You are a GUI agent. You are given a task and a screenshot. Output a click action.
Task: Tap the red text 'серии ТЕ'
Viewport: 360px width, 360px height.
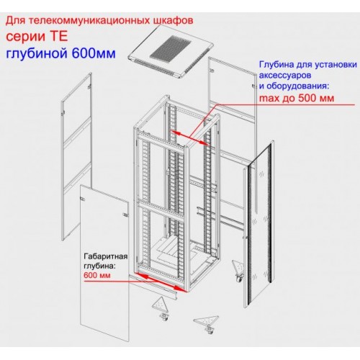37,37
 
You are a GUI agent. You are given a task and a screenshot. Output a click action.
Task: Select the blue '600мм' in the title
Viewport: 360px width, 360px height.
94,53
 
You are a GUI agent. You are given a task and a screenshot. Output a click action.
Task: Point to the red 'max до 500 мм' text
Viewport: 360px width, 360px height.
297,98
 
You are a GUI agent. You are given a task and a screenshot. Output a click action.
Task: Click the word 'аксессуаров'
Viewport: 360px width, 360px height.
285,76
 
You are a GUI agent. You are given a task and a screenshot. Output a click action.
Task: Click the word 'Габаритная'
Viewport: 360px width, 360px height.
105,256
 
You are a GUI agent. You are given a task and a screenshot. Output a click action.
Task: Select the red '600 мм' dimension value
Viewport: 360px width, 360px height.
97,275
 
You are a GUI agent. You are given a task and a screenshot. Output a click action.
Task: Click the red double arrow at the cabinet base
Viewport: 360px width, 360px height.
161,282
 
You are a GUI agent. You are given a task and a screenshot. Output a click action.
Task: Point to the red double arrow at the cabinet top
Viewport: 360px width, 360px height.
189,138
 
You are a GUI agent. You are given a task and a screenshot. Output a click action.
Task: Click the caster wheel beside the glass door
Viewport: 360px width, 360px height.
238,279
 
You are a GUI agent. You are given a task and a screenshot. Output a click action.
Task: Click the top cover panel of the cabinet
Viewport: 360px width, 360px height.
171,51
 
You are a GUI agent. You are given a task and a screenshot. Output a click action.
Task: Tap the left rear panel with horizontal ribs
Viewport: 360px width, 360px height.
77,156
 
